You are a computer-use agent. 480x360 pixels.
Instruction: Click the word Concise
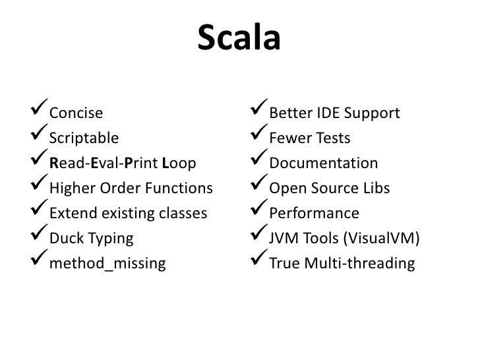[76, 113]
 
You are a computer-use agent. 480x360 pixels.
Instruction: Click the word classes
[183, 214]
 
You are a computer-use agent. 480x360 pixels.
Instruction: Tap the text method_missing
[107, 264]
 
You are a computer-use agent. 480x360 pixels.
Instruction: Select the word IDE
[317, 113]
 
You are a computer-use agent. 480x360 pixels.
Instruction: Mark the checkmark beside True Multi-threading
[252, 262]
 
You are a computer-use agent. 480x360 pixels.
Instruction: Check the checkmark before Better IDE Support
[252, 112]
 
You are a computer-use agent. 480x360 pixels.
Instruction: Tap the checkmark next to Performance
[252, 212]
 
